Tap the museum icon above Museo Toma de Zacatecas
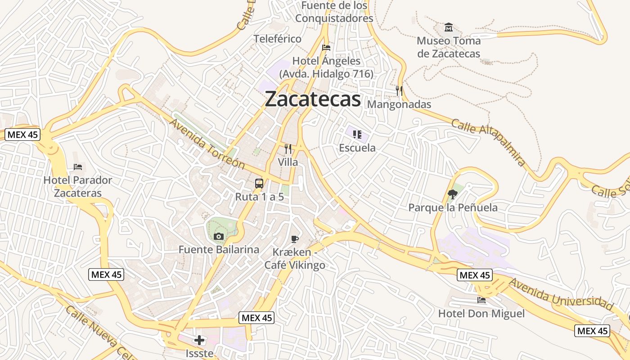click(448, 27)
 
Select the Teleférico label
click(277, 39)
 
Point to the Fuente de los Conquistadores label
click(334, 12)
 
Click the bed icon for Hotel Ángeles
click(326, 48)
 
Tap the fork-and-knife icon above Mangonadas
click(399, 91)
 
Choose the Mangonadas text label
click(399, 104)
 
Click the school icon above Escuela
click(357, 134)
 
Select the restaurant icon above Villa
click(288, 149)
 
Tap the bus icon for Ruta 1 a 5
click(259, 184)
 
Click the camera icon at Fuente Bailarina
click(219, 236)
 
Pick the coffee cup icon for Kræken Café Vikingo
click(295, 239)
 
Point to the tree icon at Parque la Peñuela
click(453, 194)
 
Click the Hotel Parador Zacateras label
click(78, 187)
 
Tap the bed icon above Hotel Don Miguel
click(481, 300)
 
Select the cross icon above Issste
click(199, 340)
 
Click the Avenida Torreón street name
click(207, 144)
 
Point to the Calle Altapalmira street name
click(488, 142)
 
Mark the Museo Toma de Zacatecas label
click(448, 47)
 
